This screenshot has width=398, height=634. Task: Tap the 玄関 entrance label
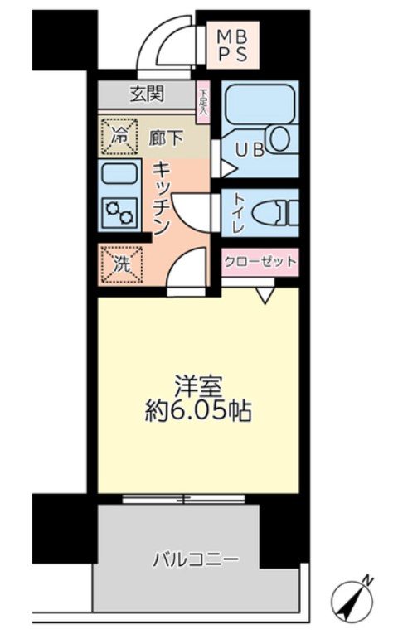146,94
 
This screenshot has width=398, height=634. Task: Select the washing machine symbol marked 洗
121,266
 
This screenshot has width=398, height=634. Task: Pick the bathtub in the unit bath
258,104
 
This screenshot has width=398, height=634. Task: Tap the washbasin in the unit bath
279,138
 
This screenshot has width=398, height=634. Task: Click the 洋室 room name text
197,385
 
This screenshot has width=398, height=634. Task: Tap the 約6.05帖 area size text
197,410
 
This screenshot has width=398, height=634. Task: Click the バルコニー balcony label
196,559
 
